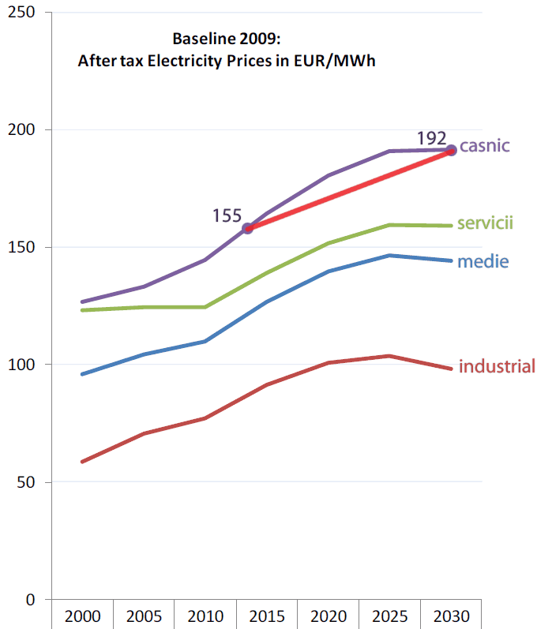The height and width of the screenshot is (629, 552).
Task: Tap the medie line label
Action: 483,261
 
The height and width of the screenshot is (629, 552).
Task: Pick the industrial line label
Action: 498,366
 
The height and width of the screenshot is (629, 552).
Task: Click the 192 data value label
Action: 432,140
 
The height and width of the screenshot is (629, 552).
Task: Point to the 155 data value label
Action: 227,215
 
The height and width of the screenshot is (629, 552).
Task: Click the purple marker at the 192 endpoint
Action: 451,150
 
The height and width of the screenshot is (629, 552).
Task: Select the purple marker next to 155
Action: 247,228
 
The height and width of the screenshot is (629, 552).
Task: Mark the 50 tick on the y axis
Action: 27,482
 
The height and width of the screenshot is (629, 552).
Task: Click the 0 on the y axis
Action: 31,600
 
